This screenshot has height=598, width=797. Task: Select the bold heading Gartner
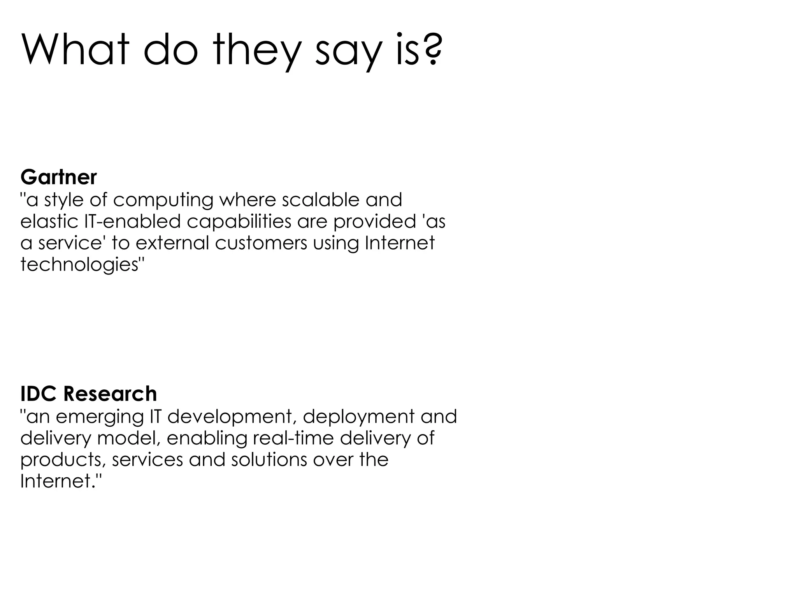coord(58,178)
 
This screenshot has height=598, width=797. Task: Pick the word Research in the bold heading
coord(110,394)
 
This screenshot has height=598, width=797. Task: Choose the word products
coord(63,460)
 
